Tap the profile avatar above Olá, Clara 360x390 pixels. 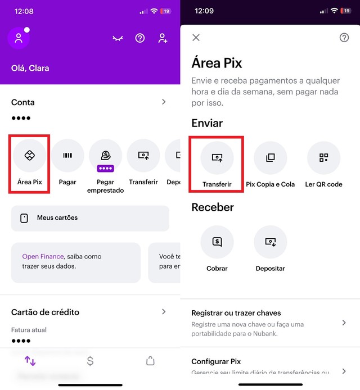(x=19, y=38)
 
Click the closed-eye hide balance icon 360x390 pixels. (x=118, y=38)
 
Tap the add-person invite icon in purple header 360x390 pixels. (x=163, y=38)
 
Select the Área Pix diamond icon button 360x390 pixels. (x=30, y=156)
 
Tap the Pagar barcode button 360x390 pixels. (x=67, y=156)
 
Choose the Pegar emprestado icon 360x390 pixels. (x=105, y=156)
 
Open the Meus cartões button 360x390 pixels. (x=90, y=218)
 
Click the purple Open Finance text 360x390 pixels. (x=42, y=256)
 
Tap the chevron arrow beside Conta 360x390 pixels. (x=164, y=102)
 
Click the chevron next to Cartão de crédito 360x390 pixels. (x=164, y=311)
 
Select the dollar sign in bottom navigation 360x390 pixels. (x=90, y=361)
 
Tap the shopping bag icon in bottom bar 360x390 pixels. (x=150, y=361)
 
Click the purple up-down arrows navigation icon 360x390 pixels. (x=30, y=361)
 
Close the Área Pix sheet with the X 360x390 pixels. (x=196, y=38)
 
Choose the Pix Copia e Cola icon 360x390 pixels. (x=270, y=158)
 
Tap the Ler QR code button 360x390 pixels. (x=323, y=158)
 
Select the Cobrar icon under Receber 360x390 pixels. (x=217, y=242)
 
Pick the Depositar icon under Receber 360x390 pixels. (x=270, y=242)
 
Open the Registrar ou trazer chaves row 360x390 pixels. (x=270, y=322)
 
